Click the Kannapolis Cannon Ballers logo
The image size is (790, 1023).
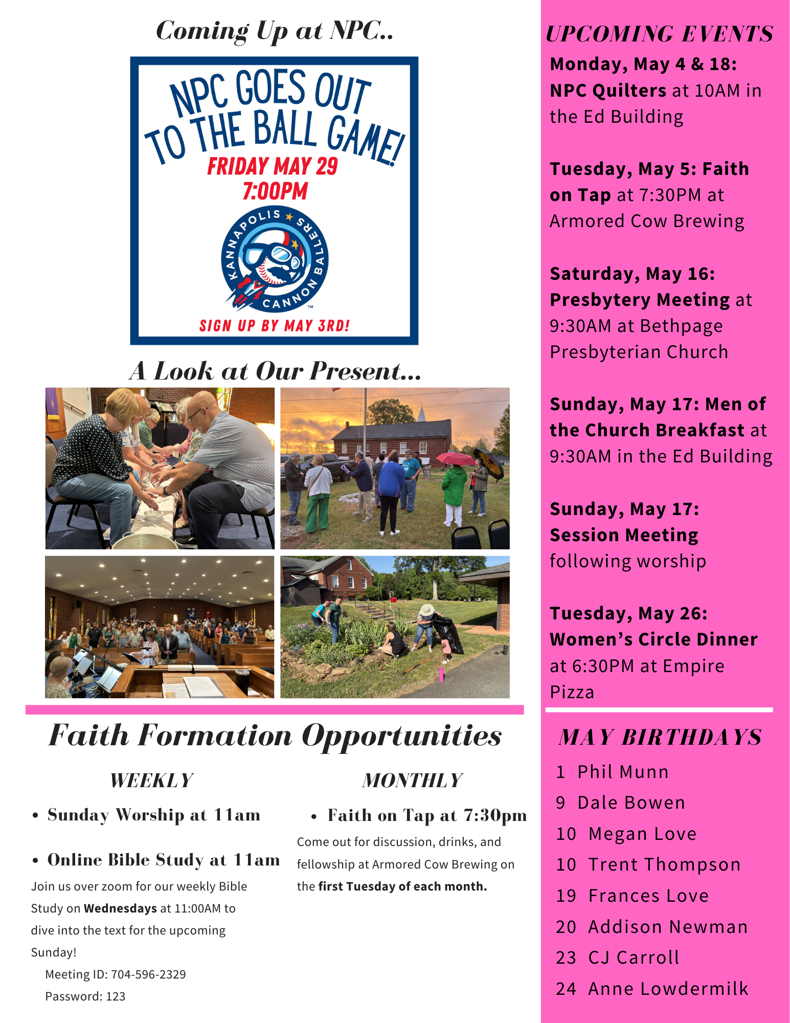275,259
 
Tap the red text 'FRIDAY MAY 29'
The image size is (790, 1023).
273,166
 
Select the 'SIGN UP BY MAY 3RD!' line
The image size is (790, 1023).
275,326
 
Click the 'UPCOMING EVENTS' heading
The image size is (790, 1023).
659,34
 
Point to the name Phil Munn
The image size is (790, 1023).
623,772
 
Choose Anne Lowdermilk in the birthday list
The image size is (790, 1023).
668,989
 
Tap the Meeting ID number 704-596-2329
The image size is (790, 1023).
148,974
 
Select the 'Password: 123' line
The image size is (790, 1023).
85,996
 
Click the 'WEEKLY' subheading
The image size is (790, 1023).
151,781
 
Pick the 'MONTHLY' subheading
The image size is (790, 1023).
412,781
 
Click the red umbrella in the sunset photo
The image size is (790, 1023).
455,458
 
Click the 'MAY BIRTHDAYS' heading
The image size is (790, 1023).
660,737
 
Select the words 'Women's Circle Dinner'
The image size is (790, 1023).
653,639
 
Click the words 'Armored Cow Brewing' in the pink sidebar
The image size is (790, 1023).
647,221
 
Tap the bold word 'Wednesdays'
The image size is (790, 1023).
120,908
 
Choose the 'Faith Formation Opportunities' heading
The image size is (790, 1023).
275,736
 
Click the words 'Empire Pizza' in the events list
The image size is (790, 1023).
637,679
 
